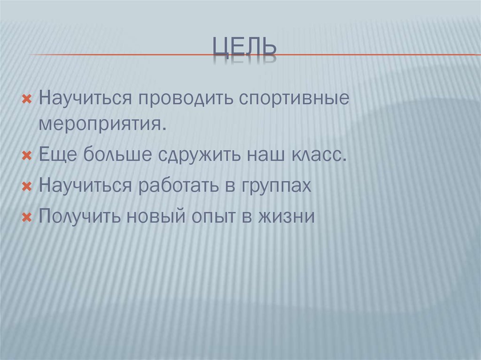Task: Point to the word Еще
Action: click(x=58, y=154)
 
